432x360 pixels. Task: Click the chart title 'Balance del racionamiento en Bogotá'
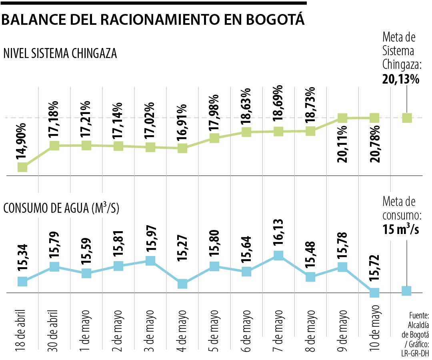coord(153,20)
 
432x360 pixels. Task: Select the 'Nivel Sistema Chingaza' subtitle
coord(60,54)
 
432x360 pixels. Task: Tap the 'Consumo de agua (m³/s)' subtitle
coord(61,208)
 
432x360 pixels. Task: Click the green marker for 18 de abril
coord(22,167)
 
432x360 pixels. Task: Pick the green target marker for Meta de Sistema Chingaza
coord(407,118)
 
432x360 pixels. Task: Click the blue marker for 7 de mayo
coord(278,255)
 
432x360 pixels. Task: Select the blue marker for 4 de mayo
coord(182,284)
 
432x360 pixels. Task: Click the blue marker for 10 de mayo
coord(374,292)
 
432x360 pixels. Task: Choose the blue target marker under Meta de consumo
coord(406,291)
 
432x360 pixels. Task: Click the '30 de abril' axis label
coord(54,329)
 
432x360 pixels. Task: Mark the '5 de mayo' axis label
coord(214,329)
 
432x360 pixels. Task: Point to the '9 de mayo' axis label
coord(342,329)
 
